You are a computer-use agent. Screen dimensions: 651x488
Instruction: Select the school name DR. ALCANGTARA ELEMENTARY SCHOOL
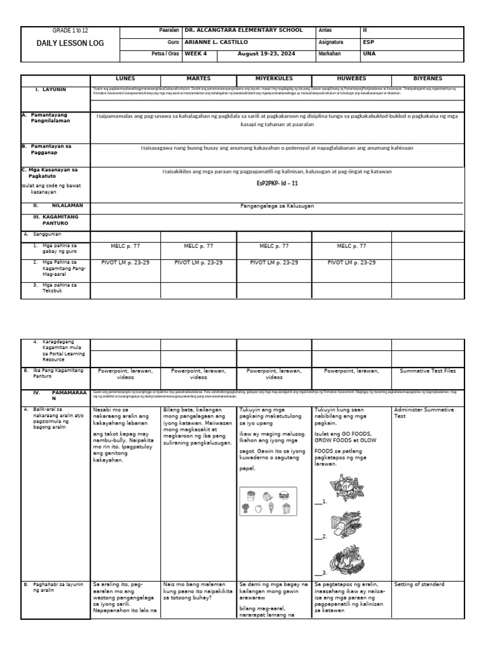click(243, 31)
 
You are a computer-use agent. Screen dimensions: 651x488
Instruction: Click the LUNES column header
click(125, 78)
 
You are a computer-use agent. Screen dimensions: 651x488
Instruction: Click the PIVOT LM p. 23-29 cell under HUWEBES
click(351, 262)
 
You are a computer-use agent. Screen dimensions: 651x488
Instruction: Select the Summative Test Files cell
click(428, 370)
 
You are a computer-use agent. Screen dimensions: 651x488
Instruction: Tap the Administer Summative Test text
click(424, 413)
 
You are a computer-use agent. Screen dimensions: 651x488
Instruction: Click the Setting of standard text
click(419, 584)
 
